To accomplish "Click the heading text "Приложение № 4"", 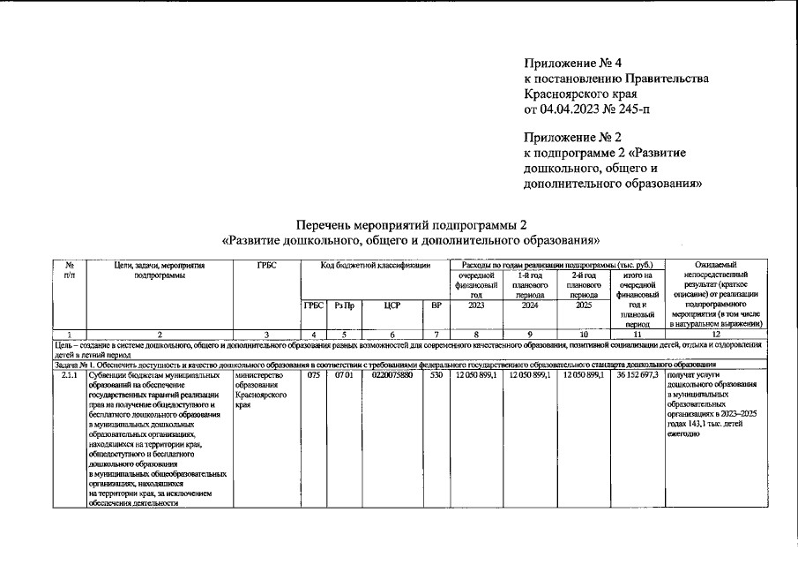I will [x=573, y=64].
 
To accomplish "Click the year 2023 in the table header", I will [x=475, y=305].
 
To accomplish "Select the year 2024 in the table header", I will [x=530, y=305].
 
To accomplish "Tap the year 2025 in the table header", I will [x=584, y=305].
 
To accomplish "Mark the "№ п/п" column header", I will [x=69, y=269].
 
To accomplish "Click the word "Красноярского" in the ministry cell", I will [x=264, y=396].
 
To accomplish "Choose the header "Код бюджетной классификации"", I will [x=375, y=264].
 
